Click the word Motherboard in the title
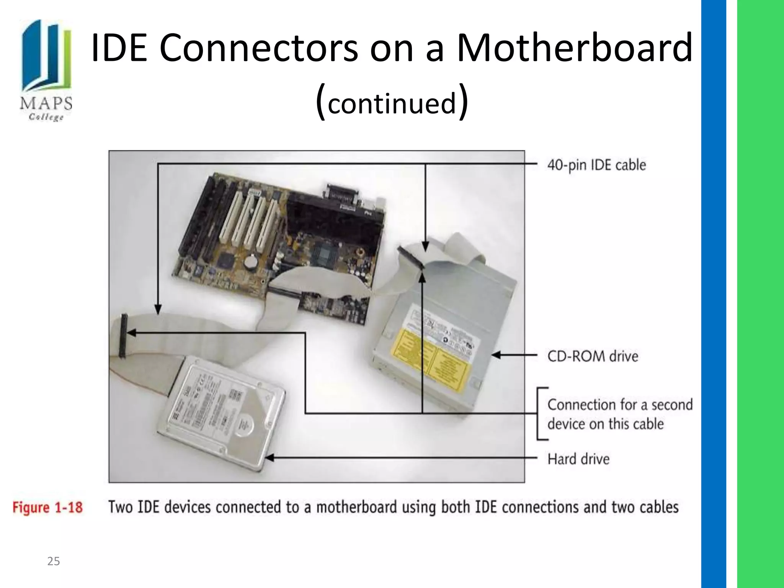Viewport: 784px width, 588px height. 575,48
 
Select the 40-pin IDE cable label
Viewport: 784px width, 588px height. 596,165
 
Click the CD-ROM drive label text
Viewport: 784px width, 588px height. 593,356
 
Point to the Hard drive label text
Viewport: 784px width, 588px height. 578,459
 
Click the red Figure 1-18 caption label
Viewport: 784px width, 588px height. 47,508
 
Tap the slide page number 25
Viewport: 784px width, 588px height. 54,561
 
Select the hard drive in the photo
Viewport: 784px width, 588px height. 222,413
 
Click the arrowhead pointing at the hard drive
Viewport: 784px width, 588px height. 269,458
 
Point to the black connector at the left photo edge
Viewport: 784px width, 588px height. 122,336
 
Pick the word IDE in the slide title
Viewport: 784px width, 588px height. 119,48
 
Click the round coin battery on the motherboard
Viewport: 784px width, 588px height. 251,261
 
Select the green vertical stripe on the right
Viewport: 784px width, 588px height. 760,294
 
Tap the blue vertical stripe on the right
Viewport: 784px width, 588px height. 714,294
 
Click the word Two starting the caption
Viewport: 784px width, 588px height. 121,507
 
